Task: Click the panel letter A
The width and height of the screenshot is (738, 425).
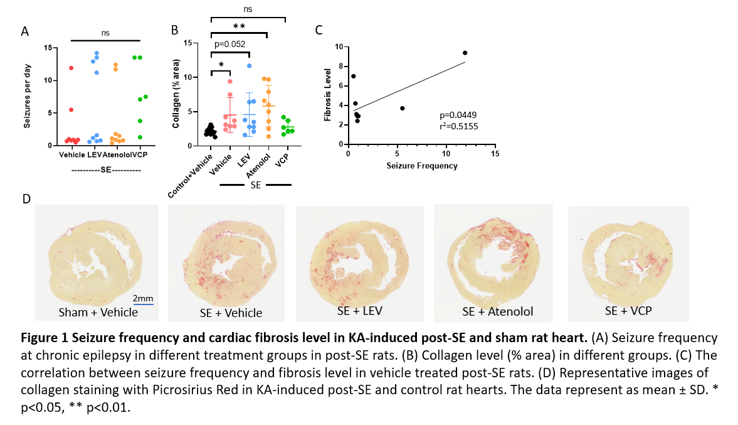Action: coord(24,31)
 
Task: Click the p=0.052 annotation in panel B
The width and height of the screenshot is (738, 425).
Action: coord(229,44)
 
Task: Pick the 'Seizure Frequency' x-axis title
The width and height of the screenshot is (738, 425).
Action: coord(421,166)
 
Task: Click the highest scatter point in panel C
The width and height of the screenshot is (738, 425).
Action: coord(465,53)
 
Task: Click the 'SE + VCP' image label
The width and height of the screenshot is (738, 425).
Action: coord(629,311)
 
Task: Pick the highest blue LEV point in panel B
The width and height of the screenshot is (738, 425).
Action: coord(250,65)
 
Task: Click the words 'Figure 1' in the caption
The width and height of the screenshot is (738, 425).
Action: coord(41,337)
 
